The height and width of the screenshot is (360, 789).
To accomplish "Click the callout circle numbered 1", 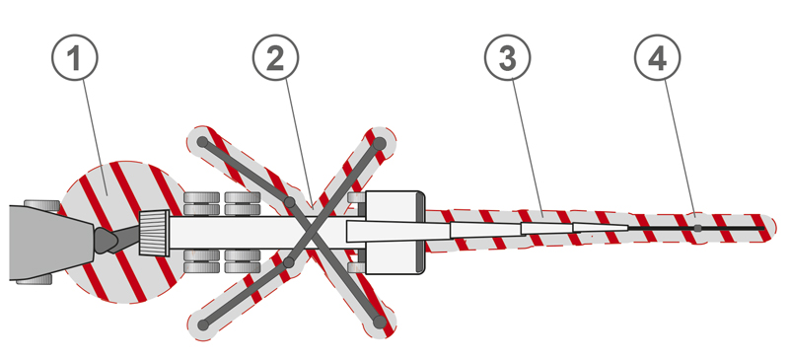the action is tap(75, 57).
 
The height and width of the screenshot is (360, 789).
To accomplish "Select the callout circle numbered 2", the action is tap(275, 57).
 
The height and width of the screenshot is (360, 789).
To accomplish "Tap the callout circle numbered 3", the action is tap(507, 57).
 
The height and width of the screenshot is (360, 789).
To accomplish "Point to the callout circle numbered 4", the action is tap(657, 57).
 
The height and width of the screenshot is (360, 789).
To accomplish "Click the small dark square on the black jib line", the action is tap(697, 228).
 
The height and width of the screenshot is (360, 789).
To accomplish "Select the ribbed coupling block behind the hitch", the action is tap(154, 233).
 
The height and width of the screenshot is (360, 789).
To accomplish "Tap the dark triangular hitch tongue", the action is tap(107, 241).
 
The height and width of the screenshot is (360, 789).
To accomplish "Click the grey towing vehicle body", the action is tap(50, 243).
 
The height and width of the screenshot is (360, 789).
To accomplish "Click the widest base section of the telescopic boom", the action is tap(397, 231).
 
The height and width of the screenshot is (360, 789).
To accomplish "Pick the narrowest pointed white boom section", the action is tap(601, 228).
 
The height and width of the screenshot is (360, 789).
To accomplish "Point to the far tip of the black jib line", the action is tap(763, 228).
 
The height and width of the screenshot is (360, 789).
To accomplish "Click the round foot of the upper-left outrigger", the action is tap(202, 142).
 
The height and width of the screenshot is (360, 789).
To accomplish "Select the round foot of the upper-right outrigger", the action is tap(380, 144).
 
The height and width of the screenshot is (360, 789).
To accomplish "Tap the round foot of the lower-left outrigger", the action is tap(203, 324).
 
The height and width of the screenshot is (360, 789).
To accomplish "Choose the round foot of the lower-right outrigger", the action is tap(380, 322).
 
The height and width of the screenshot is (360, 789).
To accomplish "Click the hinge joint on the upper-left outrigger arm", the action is tap(289, 202).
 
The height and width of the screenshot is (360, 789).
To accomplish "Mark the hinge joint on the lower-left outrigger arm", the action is tap(288, 262).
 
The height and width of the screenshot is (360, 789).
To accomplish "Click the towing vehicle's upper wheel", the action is tap(41, 205).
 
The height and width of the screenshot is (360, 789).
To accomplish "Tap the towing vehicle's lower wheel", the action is tap(35, 278).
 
